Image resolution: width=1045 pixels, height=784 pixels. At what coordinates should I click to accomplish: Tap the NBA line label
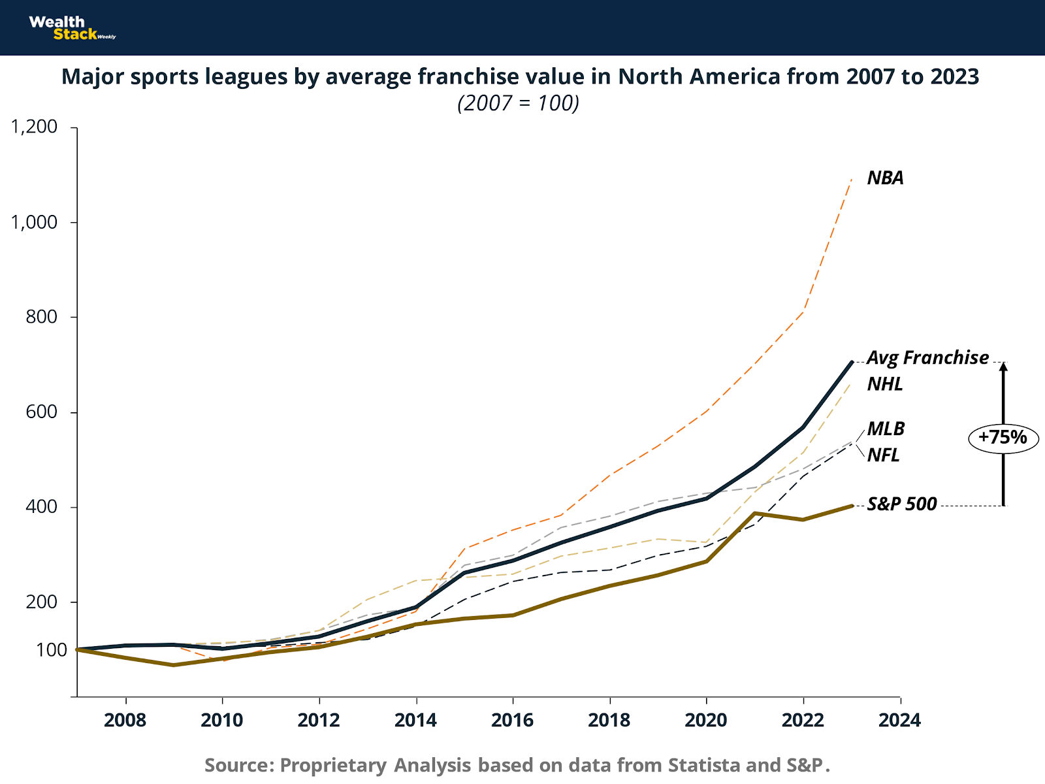point(885,178)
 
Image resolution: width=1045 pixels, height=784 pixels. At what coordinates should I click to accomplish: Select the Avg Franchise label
point(927,357)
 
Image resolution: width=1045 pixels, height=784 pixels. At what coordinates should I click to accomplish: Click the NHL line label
point(885,384)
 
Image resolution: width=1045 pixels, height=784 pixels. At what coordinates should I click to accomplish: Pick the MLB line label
point(886,429)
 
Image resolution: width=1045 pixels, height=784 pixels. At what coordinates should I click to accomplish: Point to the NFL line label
point(883,455)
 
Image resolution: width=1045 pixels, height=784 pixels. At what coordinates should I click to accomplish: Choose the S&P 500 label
point(902,504)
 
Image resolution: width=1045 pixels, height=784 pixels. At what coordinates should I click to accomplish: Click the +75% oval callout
point(1003,437)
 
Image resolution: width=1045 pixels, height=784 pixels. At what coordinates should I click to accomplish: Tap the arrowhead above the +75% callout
point(1004,367)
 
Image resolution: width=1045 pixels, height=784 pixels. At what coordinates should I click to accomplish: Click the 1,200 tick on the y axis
point(34,126)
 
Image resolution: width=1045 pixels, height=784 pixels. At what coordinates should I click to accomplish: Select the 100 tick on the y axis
point(52,650)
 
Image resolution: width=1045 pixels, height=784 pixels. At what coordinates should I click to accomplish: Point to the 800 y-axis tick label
point(42,317)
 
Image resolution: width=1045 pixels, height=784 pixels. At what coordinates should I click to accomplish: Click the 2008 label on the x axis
point(125,720)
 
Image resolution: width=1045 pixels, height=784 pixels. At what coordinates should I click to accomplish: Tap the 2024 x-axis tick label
point(899,720)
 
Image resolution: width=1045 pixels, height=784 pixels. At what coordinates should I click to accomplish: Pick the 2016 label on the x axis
point(513,720)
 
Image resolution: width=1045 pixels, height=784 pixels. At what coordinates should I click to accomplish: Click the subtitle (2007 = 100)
point(519,103)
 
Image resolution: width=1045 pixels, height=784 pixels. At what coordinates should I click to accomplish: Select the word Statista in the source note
point(704,765)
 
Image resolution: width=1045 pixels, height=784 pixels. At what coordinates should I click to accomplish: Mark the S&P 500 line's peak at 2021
point(755,514)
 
